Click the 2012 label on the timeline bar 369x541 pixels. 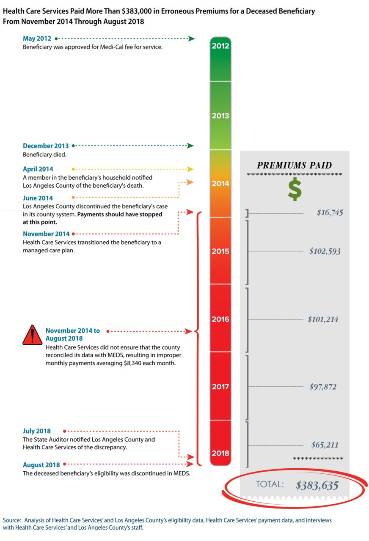click(220, 46)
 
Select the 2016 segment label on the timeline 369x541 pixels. click(220, 319)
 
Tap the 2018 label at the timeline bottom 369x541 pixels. click(220, 453)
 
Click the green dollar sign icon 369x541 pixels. click(295, 189)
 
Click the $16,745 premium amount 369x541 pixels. click(330, 213)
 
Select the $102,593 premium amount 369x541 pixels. click(325, 251)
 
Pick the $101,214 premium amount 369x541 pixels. click(323, 319)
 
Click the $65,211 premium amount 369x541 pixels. click(325, 445)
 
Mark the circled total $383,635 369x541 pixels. click(317, 485)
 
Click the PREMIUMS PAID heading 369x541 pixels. click(295, 165)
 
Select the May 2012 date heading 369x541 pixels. click(37, 39)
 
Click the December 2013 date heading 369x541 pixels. click(46, 146)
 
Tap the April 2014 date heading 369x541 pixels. click(38, 169)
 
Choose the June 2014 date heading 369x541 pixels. click(38, 198)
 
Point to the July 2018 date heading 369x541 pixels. click(36, 432)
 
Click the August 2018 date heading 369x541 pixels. click(41, 465)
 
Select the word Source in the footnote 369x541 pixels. click(11, 520)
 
